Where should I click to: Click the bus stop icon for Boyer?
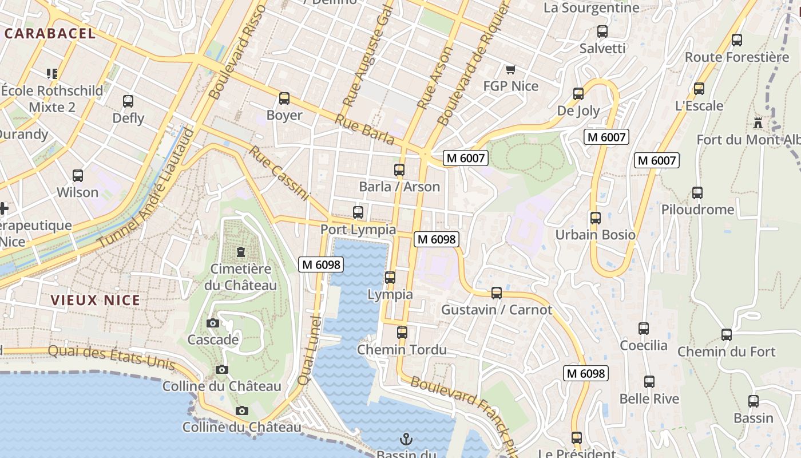[284, 98]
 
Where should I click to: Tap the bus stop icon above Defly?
[128, 101]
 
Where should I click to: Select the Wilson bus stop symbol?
[78, 176]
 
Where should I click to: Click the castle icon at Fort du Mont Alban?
[758, 123]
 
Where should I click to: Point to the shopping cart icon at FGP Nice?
[511, 70]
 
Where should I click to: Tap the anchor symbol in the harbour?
[406, 440]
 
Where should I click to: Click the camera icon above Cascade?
[213, 323]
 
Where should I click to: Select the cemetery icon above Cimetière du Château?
[241, 252]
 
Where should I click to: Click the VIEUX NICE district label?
[95, 300]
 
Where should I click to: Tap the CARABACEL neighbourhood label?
[50, 33]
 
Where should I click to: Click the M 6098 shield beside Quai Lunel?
[321, 264]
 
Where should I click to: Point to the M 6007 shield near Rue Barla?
[466, 158]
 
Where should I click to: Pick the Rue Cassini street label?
[279, 173]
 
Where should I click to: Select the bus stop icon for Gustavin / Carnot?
[497, 293]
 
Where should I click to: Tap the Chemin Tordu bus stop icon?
[402, 333]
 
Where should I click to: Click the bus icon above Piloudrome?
[697, 193]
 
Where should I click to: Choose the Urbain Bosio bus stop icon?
[596, 218]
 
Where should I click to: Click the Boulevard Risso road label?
[239, 52]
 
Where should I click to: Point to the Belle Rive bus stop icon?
[649, 382]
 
